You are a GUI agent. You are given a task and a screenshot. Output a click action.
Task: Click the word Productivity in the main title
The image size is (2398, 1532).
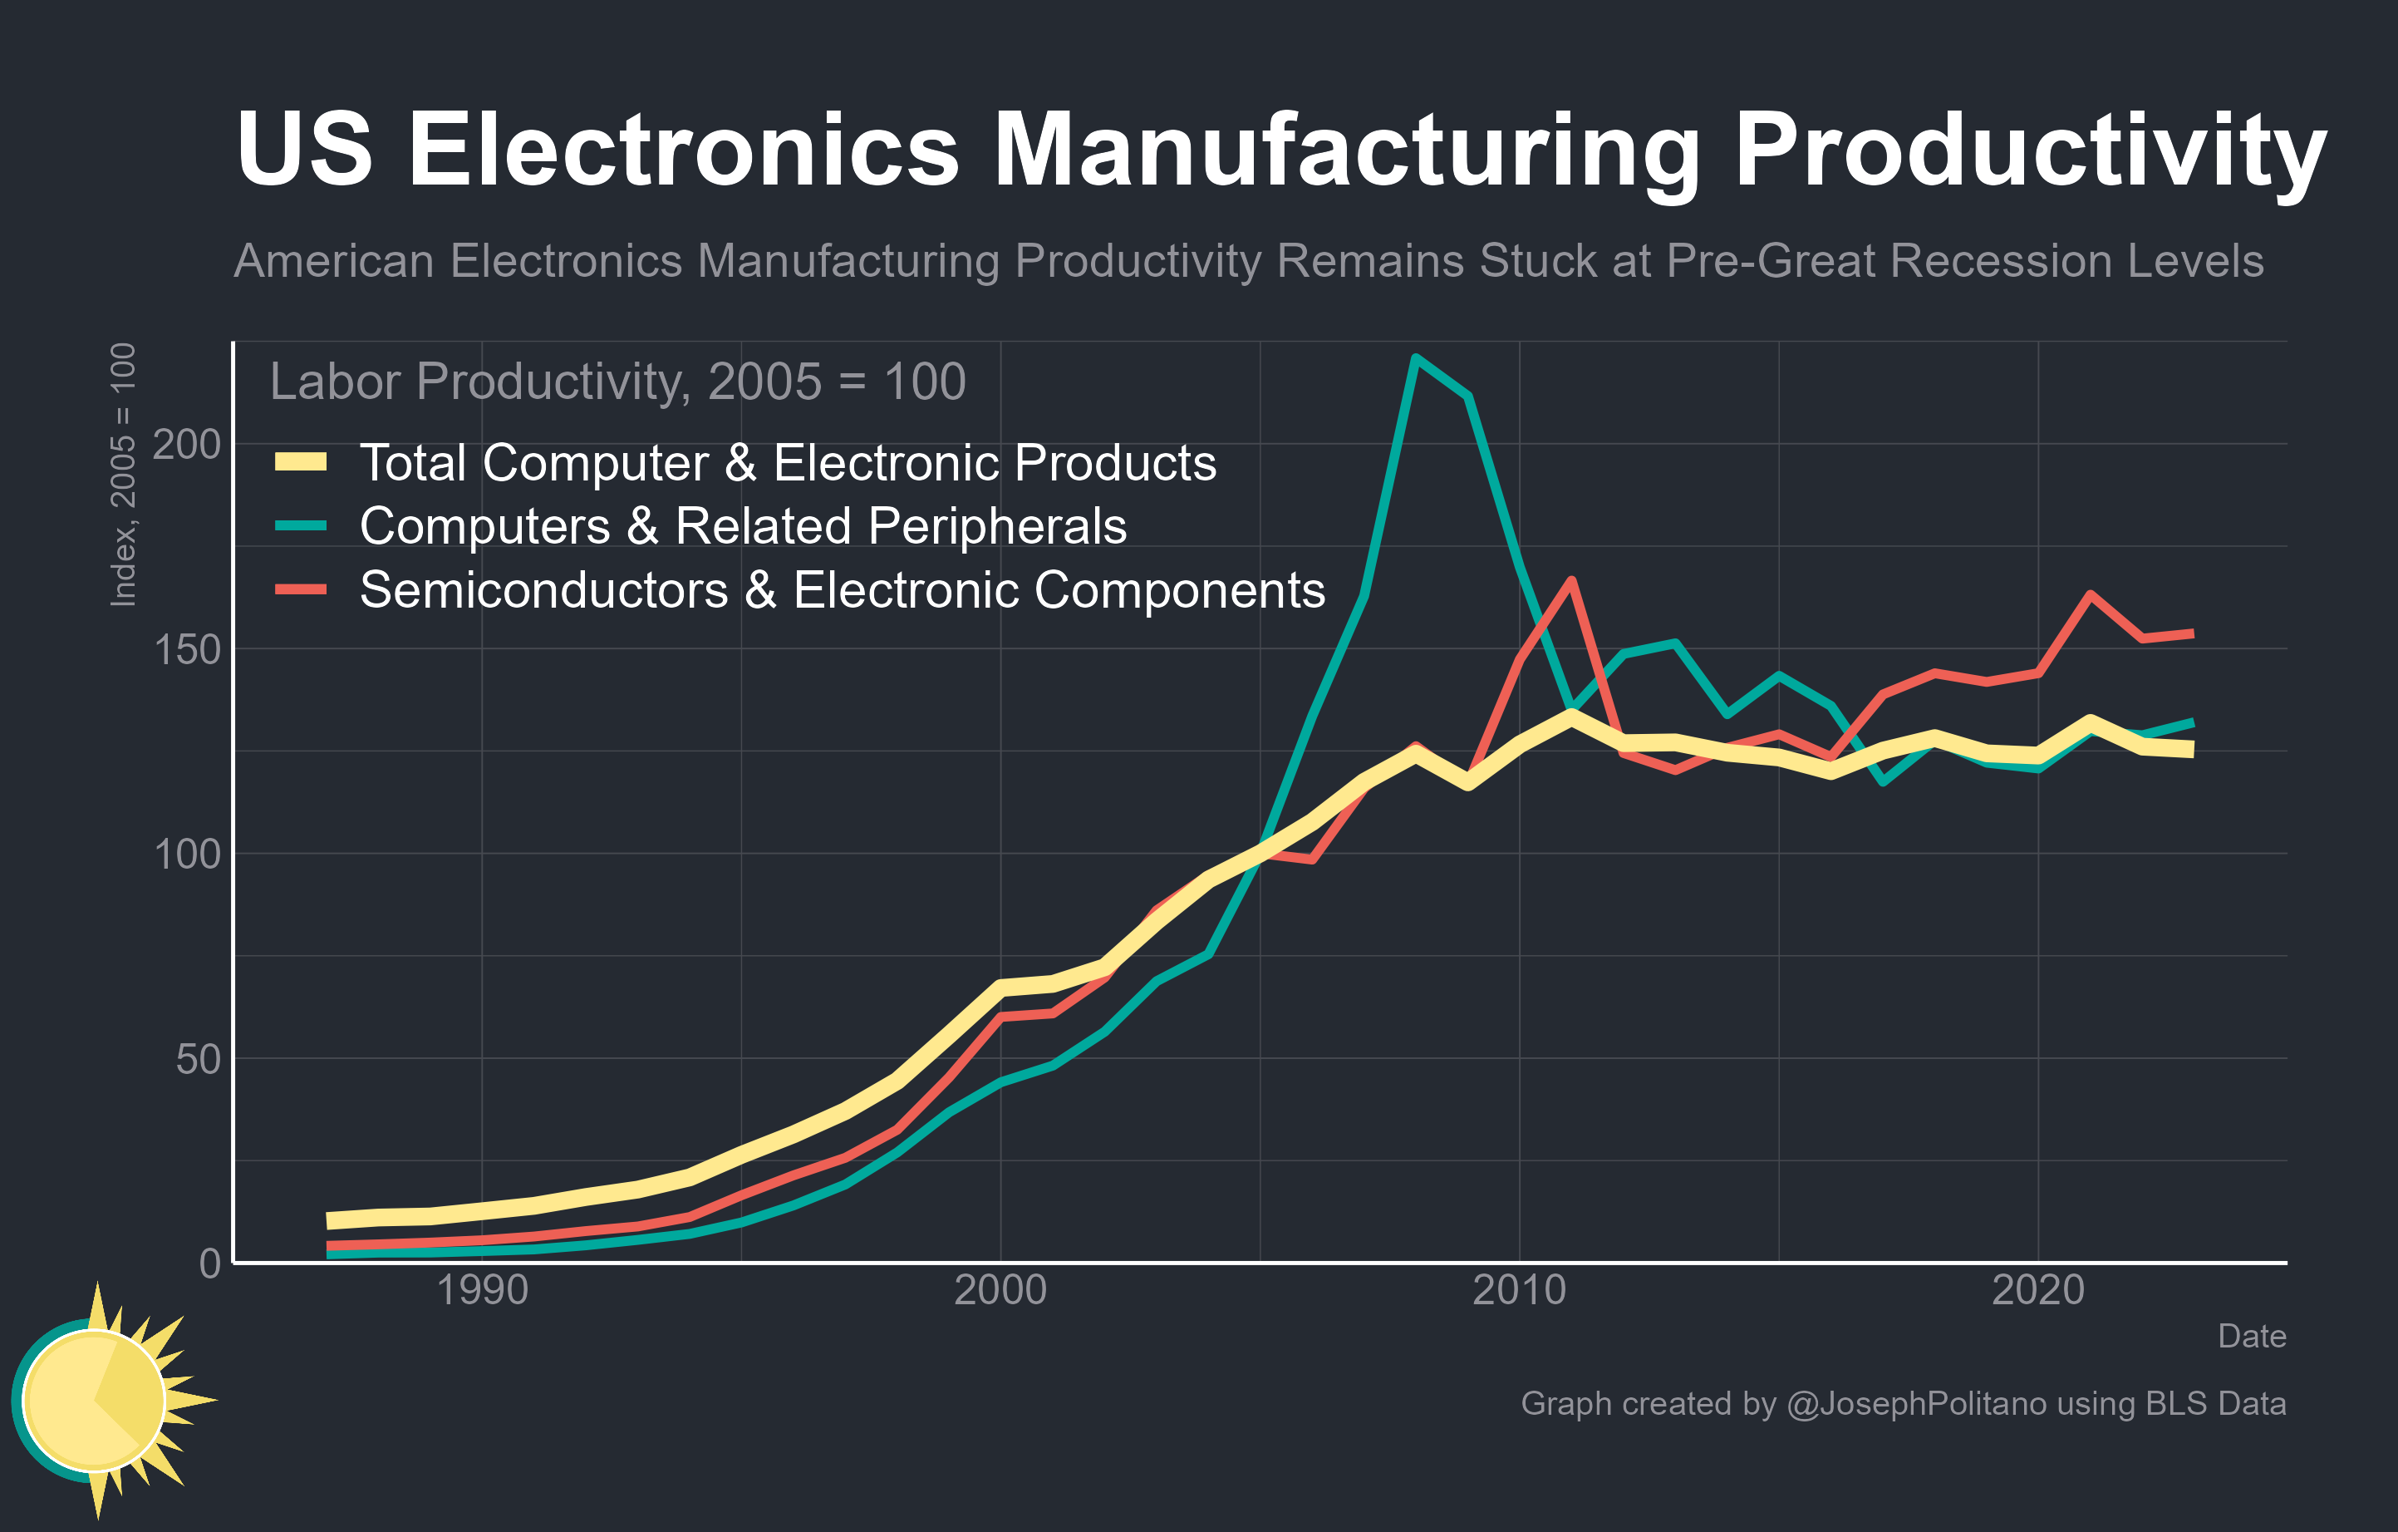(x=2028, y=151)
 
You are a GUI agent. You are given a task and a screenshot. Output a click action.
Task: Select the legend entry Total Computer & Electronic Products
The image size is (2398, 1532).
(x=787, y=463)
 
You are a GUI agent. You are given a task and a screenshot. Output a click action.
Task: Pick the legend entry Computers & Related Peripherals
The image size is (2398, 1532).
(x=742, y=526)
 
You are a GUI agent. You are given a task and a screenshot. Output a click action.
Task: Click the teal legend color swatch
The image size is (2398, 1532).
(x=301, y=526)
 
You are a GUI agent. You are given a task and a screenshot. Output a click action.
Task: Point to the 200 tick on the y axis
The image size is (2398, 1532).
(x=186, y=444)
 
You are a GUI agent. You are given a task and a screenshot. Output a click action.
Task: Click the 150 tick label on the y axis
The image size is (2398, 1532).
(x=186, y=649)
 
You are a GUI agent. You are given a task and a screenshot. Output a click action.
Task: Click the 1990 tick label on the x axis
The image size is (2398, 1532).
(x=482, y=1291)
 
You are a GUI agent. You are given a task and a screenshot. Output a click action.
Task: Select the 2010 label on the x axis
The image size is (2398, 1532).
(x=1519, y=1291)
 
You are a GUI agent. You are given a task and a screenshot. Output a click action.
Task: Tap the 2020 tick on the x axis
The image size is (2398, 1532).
(x=2037, y=1291)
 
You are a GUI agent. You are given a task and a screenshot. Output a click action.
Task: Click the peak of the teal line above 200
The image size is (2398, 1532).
(x=1416, y=357)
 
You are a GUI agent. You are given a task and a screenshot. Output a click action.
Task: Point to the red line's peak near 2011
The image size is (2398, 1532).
(x=1570, y=581)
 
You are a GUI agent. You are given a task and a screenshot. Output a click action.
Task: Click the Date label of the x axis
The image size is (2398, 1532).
(x=2251, y=1337)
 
